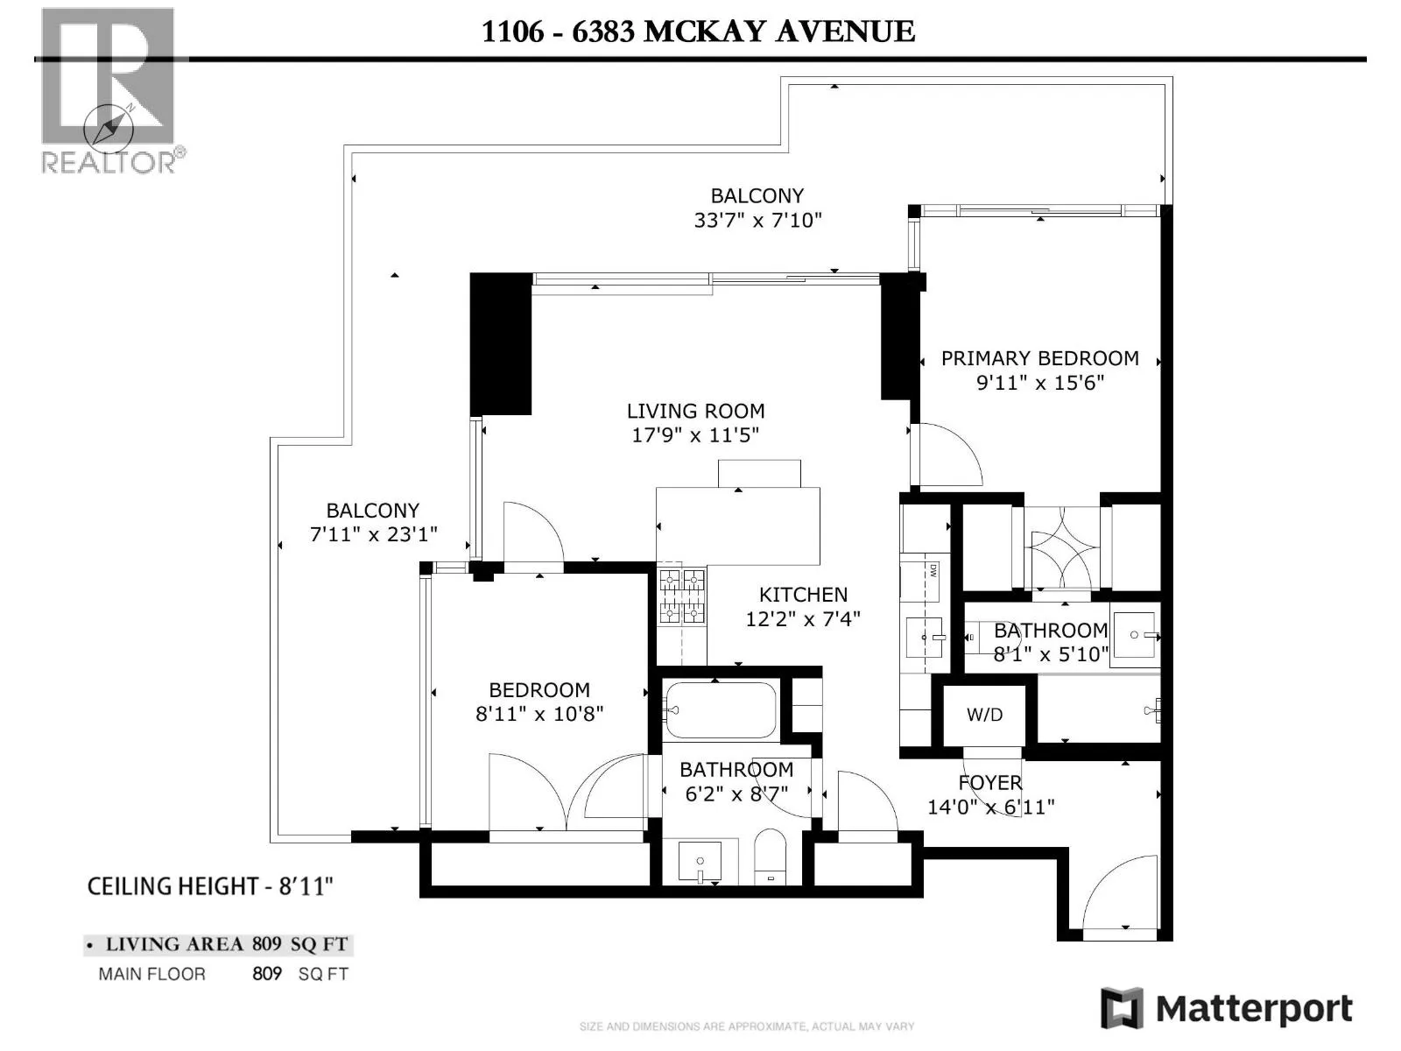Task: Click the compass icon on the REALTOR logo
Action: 109,126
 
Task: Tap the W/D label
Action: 984,714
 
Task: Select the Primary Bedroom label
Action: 1039,358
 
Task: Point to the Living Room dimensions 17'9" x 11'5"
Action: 695,434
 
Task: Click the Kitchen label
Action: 803,595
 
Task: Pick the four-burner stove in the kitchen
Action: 682,596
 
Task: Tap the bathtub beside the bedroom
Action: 720,709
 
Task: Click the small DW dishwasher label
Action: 933,570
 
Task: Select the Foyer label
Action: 990,782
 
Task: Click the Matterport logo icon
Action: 1122,1007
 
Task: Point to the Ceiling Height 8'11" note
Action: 210,886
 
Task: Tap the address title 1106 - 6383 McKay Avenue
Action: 698,32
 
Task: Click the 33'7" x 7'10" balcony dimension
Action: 757,220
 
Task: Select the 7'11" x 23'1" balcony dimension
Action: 373,534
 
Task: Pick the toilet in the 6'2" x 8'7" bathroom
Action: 771,857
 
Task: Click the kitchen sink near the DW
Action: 924,637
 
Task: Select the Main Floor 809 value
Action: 267,974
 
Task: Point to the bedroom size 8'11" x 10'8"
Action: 539,714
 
